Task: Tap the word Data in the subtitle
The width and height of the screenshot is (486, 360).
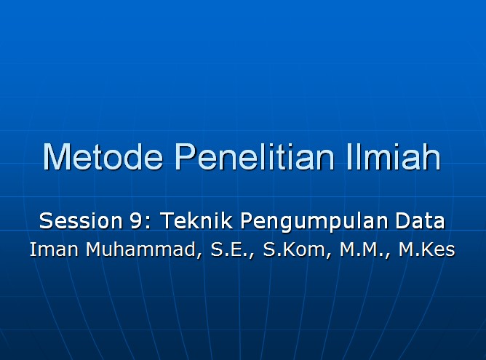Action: (x=420, y=220)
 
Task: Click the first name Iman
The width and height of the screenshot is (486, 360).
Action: (x=53, y=250)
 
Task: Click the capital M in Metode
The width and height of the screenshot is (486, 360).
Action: (x=56, y=157)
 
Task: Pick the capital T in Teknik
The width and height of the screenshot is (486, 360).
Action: (x=166, y=220)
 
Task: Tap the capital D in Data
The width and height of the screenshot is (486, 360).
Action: (x=402, y=220)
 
